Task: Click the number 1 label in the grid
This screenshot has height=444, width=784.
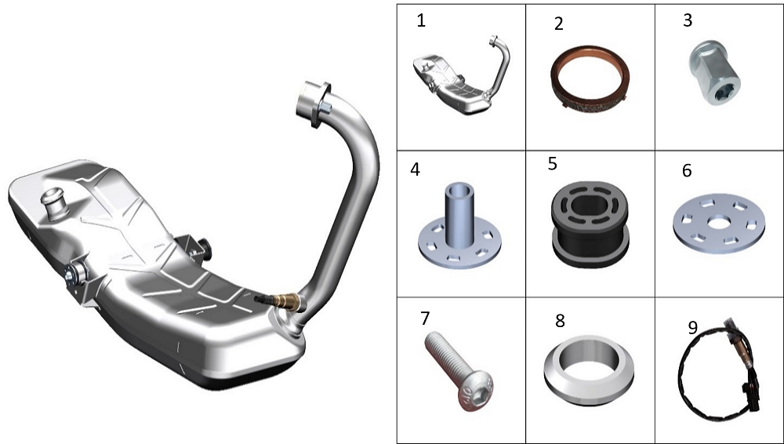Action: pos(421,20)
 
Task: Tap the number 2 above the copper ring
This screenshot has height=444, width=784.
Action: pos(559,24)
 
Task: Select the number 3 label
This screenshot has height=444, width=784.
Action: pos(688,20)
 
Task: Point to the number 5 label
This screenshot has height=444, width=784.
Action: pos(553,164)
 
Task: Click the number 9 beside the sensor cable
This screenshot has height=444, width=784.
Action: pos(692,327)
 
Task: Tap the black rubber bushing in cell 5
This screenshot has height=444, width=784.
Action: pos(590,224)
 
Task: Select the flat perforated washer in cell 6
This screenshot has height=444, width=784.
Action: pos(719,224)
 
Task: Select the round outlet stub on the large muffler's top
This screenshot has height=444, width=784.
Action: pos(55,202)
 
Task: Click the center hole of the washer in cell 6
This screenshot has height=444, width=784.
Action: pos(719,222)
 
